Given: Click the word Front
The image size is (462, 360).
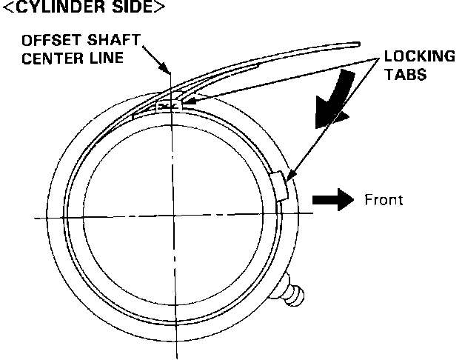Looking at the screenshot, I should [383, 200].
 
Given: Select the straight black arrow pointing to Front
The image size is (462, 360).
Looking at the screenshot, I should [334, 200].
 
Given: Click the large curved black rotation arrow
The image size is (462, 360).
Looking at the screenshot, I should [333, 100].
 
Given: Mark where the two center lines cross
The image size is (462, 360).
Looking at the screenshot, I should [173, 216].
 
